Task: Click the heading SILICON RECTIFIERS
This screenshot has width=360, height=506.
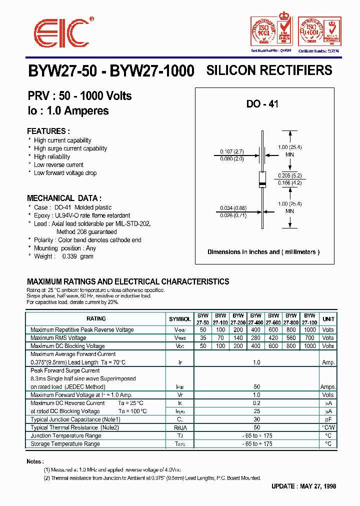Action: pyautogui.click(x=269, y=70)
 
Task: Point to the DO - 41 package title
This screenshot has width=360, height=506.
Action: pyautogui.click(x=262, y=104)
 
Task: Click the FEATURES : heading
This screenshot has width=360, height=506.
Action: pyautogui.click(x=47, y=131)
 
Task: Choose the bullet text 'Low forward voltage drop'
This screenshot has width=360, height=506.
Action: pyautogui.click(x=65, y=173)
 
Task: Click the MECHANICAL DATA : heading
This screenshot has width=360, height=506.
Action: pyautogui.click(x=64, y=198)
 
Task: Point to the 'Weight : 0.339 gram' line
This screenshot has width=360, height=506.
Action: pyautogui.click(x=63, y=256)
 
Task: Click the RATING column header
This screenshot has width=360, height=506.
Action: pyautogui.click(x=96, y=318)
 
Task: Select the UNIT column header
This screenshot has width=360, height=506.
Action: pyautogui.click(x=328, y=318)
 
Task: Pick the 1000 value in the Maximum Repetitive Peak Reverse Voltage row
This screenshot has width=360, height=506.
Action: pyautogui.click(x=310, y=330)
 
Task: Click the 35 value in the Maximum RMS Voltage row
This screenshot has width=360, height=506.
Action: pyautogui.click(x=202, y=338)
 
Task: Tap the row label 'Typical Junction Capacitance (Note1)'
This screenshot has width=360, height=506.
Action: pyautogui.click(x=75, y=419)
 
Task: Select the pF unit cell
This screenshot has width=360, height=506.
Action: pyautogui.click(x=328, y=419)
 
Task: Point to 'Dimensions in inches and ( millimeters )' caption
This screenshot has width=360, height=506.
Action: pyautogui.click(x=263, y=252)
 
